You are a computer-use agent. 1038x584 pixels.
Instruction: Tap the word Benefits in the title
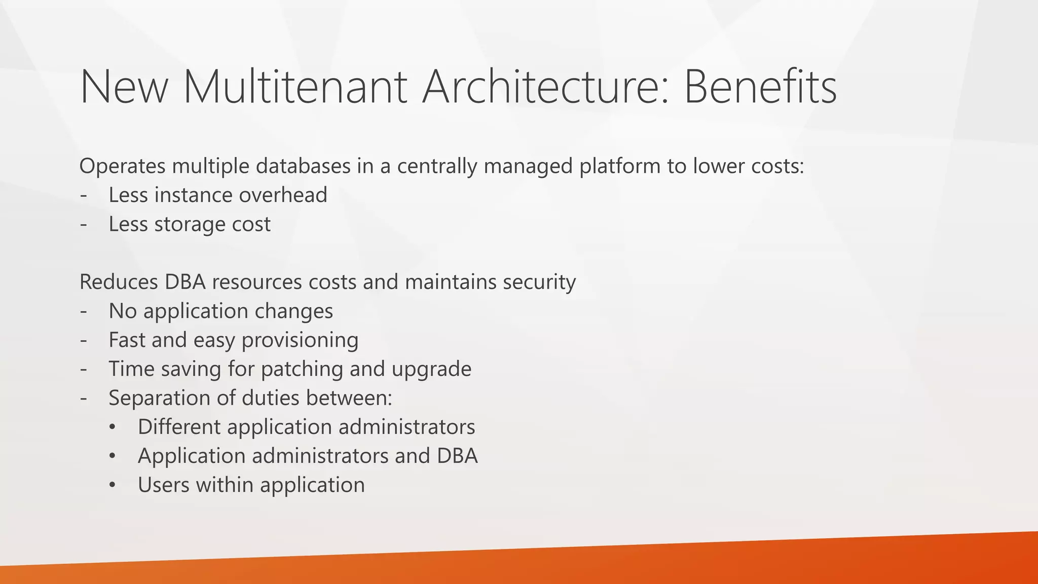coord(760,87)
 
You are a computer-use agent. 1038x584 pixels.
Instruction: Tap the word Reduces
coord(119,282)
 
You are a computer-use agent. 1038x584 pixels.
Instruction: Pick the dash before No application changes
coord(84,311)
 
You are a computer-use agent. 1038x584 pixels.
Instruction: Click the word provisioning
coord(300,340)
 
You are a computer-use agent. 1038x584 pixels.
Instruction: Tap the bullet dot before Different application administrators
coord(113,427)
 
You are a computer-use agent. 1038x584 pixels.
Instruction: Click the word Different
coord(179,427)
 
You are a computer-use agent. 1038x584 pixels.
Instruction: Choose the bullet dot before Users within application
coord(113,486)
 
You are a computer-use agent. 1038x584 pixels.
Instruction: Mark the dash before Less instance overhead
coord(84,196)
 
